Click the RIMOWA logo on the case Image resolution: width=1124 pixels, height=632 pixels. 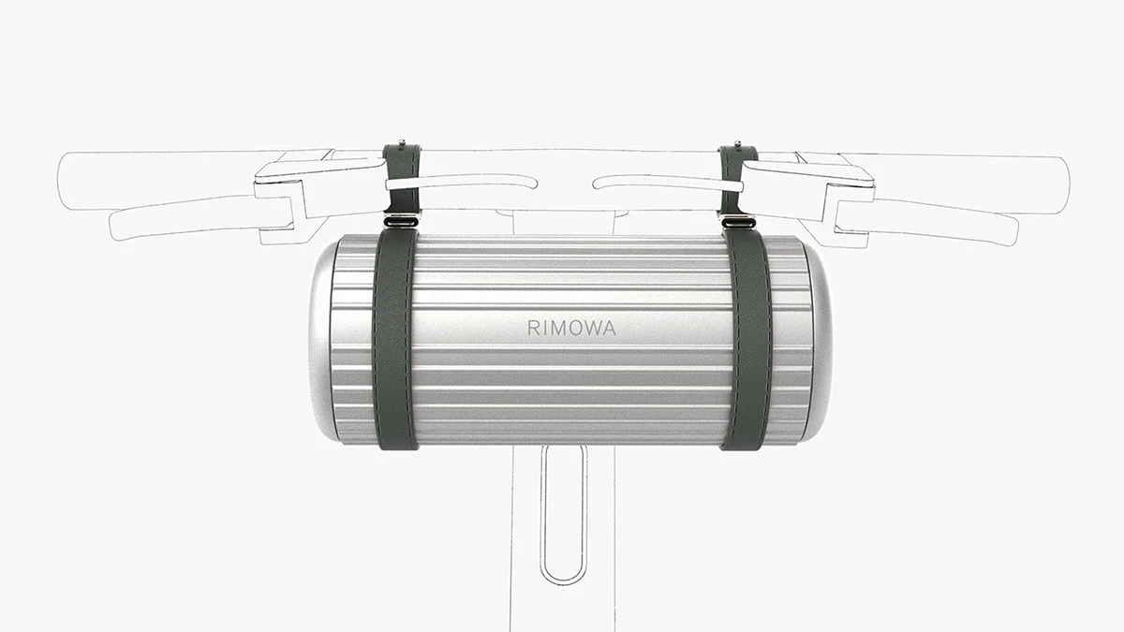point(570,329)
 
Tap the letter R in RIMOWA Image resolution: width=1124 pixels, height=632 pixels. point(532,329)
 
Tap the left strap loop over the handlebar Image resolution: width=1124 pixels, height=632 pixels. point(401,178)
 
